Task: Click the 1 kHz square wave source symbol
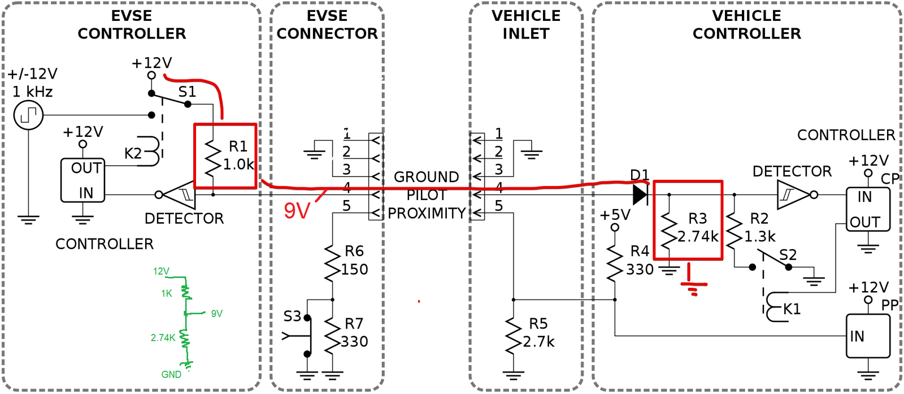[28, 115]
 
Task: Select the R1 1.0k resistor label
[238, 155]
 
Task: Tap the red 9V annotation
[297, 211]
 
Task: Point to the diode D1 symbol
[640, 195]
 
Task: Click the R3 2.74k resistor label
[698, 227]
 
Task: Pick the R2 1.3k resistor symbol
[734, 231]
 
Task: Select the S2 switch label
[788, 255]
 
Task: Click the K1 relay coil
[773, 307]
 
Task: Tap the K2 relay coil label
[133, 153]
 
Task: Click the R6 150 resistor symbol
[332, 262]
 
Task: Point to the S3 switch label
[292, 316]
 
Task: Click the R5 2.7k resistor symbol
[514, 336]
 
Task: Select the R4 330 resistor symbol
[615, 263]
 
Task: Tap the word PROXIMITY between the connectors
[427, 213]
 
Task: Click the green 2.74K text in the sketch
[163, 338]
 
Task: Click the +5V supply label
[615, 215]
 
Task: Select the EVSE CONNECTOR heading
[327, 25]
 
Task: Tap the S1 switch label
[187, 92]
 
